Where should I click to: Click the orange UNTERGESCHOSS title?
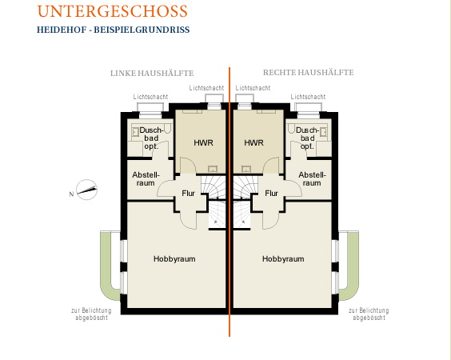point(112,11)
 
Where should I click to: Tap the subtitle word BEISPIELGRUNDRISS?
point(142,30)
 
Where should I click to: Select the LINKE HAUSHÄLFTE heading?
point(152,73)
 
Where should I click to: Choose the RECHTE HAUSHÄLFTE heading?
point(309,72)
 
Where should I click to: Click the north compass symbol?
point(86,190)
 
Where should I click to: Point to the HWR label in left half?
point(203,142)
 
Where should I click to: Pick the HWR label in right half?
point(253,142)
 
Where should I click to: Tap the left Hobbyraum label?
point(174,258)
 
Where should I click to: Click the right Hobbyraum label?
point(283,258)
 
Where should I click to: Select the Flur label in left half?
point(189,193)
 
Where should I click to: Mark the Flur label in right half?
point(271,193)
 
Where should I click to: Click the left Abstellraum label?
point(146,178)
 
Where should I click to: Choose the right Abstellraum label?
point(312,178)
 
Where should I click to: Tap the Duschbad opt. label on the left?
point(152,138)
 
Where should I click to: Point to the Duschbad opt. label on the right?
point(307,138)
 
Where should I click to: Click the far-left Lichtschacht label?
point(150,97)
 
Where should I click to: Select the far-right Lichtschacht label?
point(308,97)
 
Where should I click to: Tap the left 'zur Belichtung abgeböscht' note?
point(91,314)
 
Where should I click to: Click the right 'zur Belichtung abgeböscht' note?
point(369,314)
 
